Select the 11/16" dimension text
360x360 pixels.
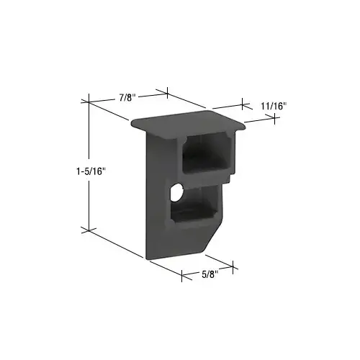tap(273, 106)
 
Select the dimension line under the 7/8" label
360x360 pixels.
tap(126, 99)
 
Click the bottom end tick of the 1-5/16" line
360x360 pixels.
tap(88, 230)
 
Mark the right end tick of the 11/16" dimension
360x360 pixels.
tap(276, 118)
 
